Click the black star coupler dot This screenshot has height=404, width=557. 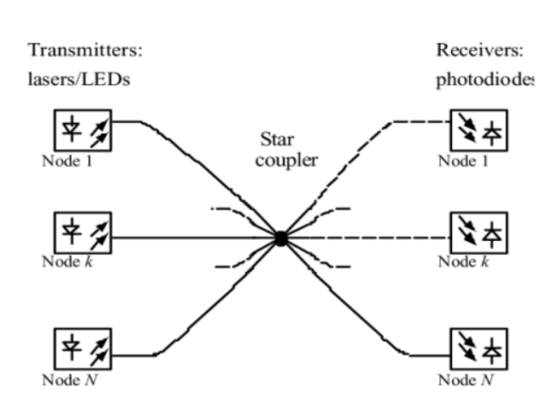[281, 239]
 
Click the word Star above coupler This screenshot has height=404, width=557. [274, 141]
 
